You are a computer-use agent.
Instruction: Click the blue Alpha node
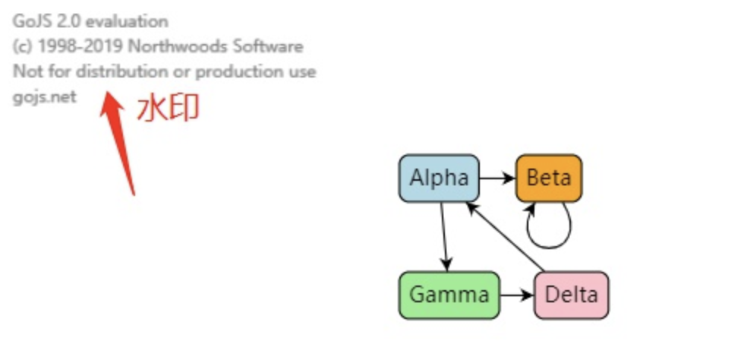(x=439, y=178)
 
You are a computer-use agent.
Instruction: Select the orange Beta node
(x=549, y=178)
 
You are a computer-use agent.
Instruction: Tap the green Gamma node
(x=449, y=295)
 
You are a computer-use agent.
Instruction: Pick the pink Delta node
(x=572, y=295)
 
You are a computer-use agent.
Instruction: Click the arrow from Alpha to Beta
(x=497, y=179)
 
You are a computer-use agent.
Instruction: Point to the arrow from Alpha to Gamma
(x=444, y=235)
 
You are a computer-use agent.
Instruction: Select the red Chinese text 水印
(x=168, y=109)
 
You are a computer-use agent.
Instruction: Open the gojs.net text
(x=44, y=98)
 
